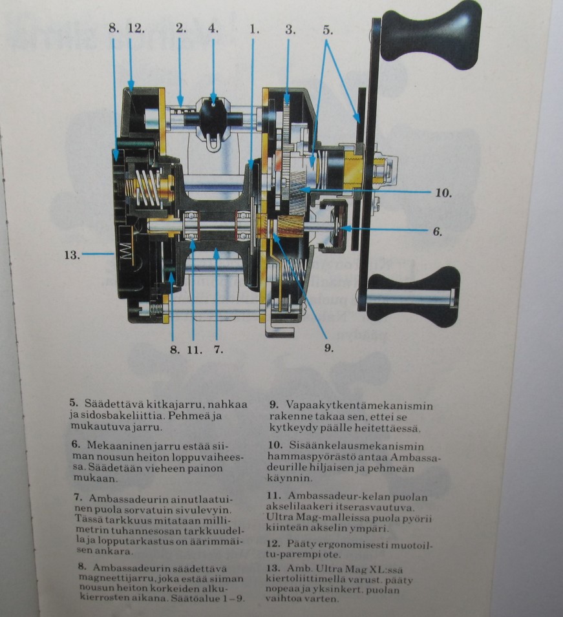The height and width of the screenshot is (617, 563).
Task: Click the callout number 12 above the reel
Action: (x=136, y=28)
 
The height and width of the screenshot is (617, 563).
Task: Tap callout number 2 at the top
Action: (x=181, y=28)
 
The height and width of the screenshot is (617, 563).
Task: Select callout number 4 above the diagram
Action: (x=213, y=28)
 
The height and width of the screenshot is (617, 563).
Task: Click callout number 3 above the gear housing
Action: (x=291, y=30)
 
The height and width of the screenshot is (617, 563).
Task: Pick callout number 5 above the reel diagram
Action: (x=328, y=30)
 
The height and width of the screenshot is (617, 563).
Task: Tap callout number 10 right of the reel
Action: (x=443, y=193)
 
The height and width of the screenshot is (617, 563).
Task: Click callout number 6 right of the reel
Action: (x=438, y=231)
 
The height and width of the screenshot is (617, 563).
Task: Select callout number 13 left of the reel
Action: (x=72, y=255)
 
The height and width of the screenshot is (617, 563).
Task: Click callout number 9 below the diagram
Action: (x=329, y=348)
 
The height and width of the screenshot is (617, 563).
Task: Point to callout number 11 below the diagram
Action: (x=195, y=350)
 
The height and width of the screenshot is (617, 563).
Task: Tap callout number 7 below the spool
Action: (x=218, y=350)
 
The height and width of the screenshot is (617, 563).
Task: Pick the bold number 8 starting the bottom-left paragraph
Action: (x=82, y=567)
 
